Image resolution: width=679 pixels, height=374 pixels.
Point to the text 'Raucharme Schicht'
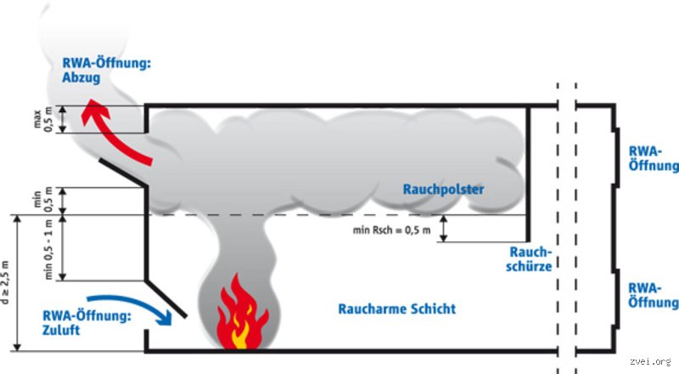(396, 309)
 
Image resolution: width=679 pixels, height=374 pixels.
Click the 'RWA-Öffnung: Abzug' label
(106, 70)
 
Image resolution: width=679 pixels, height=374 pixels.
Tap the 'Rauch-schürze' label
(532, 259)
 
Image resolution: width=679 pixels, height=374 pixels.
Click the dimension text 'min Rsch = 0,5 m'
(391, 229)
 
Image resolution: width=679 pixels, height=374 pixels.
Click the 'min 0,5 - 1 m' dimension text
(48, 249)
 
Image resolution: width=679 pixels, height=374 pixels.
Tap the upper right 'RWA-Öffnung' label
(653, 157)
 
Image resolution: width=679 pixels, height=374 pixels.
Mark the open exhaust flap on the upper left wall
(123, 171)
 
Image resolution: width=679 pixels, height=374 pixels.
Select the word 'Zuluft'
(60, 331)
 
